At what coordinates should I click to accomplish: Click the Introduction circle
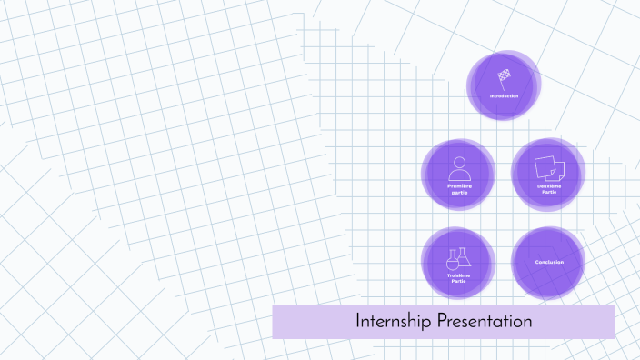504,85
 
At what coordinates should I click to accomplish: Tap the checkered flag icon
504,76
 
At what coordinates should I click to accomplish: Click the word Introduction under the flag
504,96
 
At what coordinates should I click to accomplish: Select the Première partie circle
459,174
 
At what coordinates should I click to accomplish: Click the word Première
459,185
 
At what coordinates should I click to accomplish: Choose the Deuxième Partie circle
548,174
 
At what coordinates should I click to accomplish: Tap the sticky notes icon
548,167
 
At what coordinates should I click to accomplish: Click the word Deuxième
548,185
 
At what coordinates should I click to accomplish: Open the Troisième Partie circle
459,263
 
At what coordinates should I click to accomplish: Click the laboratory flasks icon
459,258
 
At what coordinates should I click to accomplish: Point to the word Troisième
459,275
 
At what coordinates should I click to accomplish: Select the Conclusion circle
548,263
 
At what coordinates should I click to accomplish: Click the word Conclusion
548,263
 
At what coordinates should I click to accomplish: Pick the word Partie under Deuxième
548,192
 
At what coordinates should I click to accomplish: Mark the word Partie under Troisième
459,282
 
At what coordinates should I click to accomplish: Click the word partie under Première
459,192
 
